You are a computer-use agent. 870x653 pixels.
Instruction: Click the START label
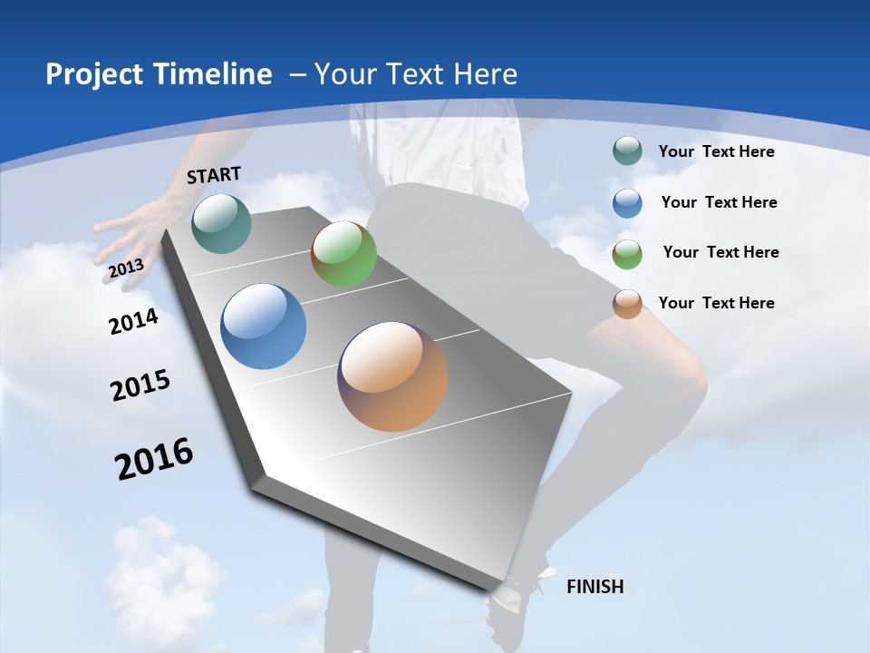[214, 175]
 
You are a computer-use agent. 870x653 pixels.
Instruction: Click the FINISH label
[594, 587]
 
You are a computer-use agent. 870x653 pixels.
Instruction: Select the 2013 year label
[127, 268]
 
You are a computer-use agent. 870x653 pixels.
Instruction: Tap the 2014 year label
[134, 321]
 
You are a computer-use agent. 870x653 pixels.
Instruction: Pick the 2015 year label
[140, 385]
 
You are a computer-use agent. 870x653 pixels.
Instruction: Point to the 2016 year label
[154, 459]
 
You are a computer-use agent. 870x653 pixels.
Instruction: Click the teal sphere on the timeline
[221, 223]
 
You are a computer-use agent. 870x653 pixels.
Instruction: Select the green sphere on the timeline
[343, 254]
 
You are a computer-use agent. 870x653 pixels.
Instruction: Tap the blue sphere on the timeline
[264, 326]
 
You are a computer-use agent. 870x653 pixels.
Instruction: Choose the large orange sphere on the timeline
[392, 376]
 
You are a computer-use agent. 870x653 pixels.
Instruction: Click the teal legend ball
[627, 151]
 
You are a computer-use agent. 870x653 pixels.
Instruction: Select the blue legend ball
[627, 203]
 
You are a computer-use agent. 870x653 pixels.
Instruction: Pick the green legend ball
[627, 254]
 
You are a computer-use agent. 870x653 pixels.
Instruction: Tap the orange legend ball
[627, 304]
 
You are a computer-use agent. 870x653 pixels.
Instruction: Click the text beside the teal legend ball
[716, 151]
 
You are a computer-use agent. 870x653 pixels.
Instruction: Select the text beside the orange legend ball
[716, 303]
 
